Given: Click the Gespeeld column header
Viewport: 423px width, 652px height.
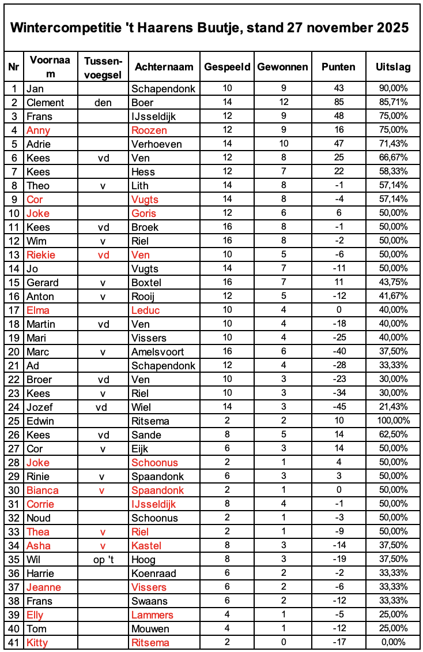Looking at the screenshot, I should click(227, 67).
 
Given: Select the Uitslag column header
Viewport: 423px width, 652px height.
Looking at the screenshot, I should click(393, 67).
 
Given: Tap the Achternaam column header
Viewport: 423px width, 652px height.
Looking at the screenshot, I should click(164, 67).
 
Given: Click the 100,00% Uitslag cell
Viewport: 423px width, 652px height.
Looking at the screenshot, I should click(393, 421).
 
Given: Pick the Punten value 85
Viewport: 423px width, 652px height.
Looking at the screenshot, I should click(338, 103).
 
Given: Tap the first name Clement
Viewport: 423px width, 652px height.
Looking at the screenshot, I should click(45, 103).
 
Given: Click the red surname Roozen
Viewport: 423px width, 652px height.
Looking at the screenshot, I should click(149, 130).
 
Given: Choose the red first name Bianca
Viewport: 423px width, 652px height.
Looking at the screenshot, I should click(43, 490).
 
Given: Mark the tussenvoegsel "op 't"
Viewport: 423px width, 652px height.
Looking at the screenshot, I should click(103, 560).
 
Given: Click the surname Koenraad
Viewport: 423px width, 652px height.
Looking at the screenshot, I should click(154, 574).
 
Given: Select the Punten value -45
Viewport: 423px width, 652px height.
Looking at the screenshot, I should click(338, 407).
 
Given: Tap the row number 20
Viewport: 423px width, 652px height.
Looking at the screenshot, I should click(14, 352).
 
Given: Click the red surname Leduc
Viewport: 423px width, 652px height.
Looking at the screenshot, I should click(146, 310).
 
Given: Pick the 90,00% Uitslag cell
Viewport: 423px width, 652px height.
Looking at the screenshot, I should click(393, 89).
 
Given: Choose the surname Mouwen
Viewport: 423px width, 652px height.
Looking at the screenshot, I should click(150, 629).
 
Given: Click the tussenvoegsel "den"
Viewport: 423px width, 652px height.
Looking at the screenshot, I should click(103, 103).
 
